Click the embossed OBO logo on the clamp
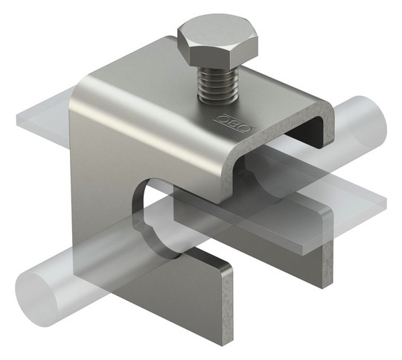coord(234,122)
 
